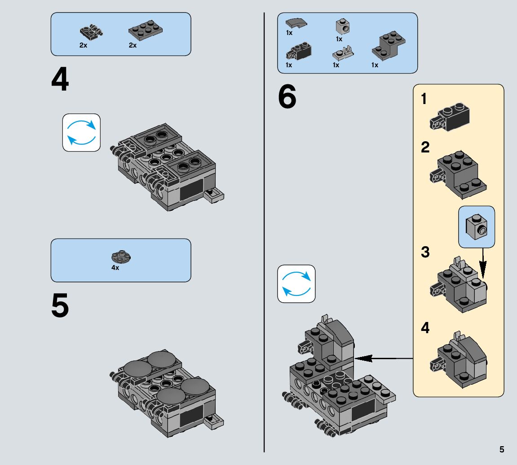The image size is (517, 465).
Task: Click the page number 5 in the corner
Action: pyautogui.click(x=501, y=449)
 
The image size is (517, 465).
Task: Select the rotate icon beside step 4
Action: pyautogui.click(x=81, y=132)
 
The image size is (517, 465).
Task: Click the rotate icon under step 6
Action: pyautogui.click(x=296, y=283)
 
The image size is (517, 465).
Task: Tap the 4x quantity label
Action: pyautogui.click(x=115, y=268)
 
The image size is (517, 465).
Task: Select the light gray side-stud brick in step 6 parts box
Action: pyautogui.click(x=343, y=27)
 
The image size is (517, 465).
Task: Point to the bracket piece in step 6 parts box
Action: pyautogui.click(x=389, y=46)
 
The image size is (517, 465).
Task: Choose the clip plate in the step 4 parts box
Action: pyautogui.click(x=91, y=31)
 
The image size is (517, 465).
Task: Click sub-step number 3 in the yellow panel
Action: pyautogui.click(x=425, y=252)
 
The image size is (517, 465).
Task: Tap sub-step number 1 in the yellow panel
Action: pyautogui.click(x=424, y=99)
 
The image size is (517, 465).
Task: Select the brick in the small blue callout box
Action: pyautogui.click(x=477, y=226)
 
